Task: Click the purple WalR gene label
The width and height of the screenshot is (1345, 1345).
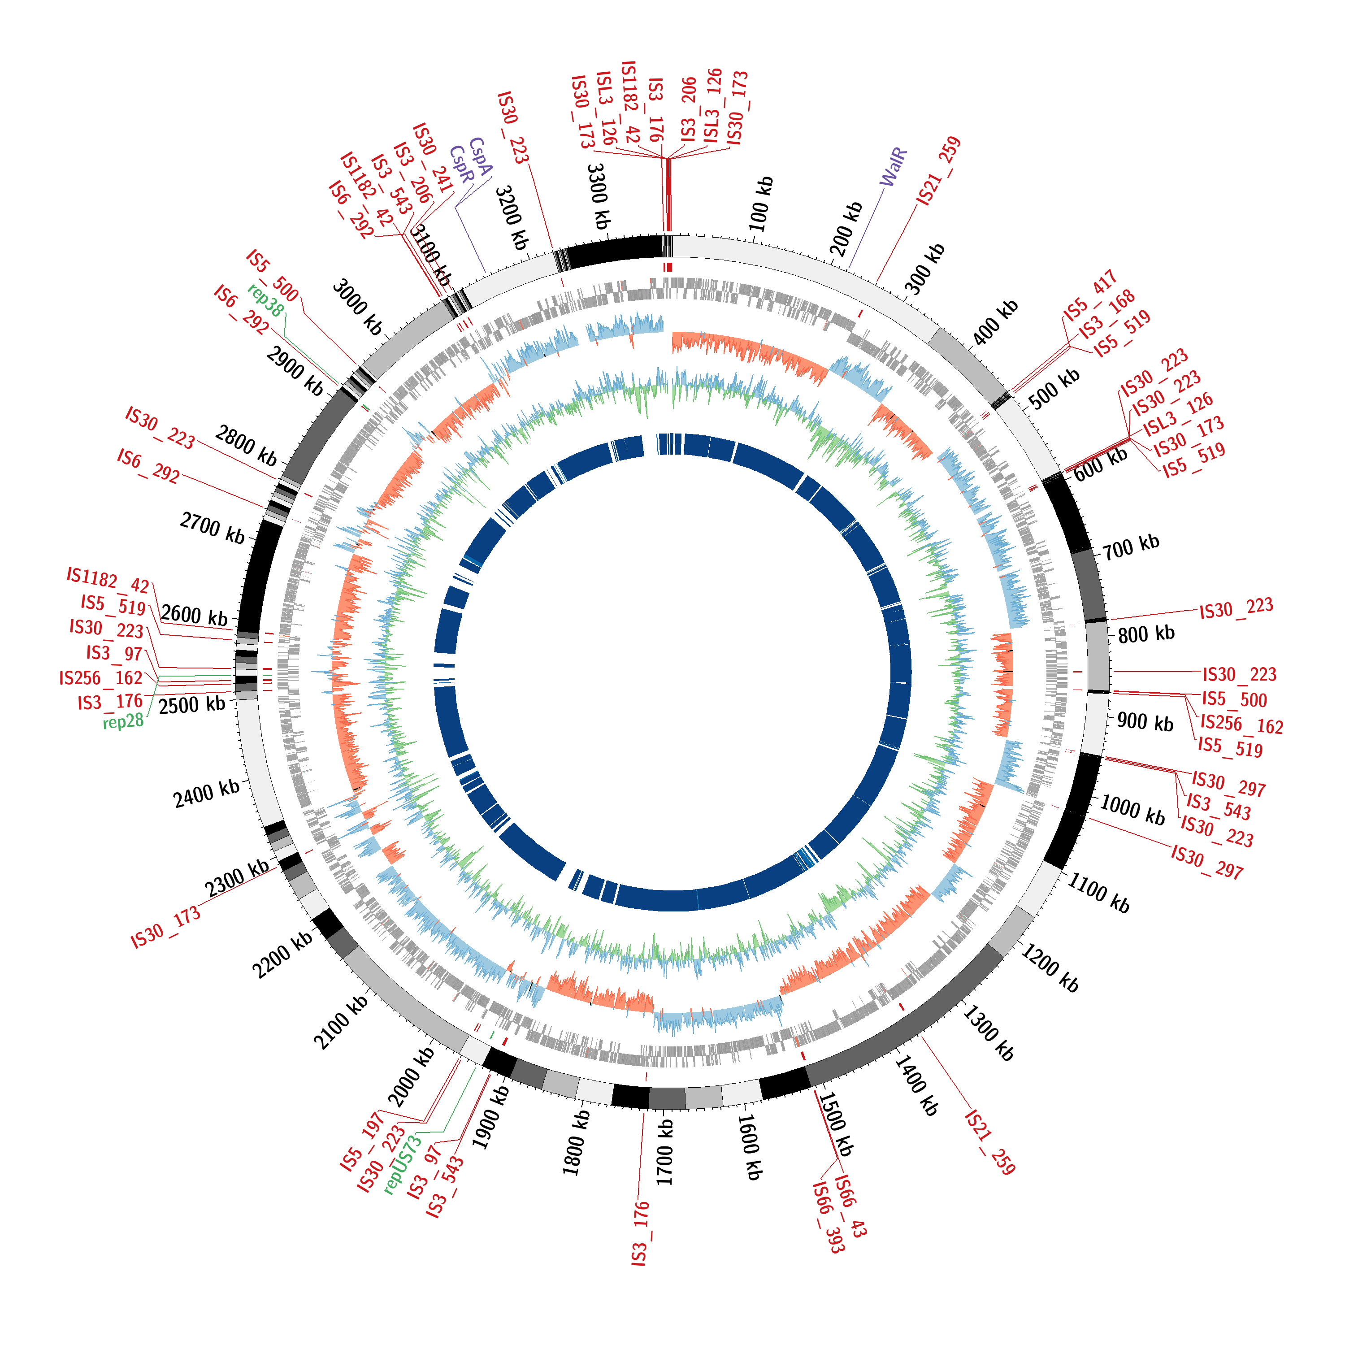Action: [x=893, y=167]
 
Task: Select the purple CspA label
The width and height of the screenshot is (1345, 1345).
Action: [x=480, y=156]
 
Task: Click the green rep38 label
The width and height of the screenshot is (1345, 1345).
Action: [x=265, y=301]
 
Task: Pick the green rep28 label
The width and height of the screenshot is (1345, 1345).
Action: [x=123, y=721]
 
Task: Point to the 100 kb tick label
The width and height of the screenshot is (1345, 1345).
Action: [x=761, y=204]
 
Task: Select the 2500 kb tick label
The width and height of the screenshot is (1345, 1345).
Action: [x=192, y=705]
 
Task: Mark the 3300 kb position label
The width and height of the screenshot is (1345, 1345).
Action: [x=598, y=197]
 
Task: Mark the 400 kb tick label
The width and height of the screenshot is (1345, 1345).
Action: [x=995, y=321]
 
